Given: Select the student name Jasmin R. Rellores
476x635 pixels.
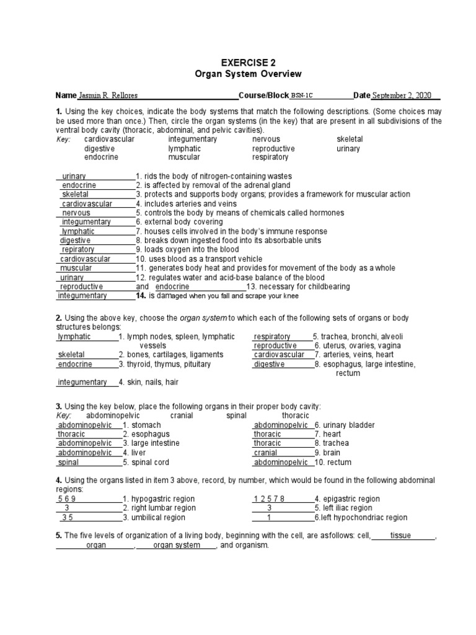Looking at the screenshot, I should (109, 96).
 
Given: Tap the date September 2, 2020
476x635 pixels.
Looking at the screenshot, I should (401, 96).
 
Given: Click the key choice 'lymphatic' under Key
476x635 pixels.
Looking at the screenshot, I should (184, 149).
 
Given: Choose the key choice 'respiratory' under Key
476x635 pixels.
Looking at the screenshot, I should (270, 158).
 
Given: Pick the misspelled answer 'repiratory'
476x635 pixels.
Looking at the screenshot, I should (78, 250).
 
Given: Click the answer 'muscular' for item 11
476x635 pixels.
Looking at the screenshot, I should (76, 268).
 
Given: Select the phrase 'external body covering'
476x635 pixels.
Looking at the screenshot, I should (183, 222).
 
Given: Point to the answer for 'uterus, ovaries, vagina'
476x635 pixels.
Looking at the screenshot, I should (275, 346).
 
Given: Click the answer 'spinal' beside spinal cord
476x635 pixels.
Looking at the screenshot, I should (68, 463).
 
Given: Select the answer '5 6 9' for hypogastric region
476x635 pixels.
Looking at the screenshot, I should (67, 499).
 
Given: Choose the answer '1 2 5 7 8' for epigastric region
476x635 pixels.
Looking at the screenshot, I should (269, 499).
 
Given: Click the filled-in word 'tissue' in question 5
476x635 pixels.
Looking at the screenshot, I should (401, 536).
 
